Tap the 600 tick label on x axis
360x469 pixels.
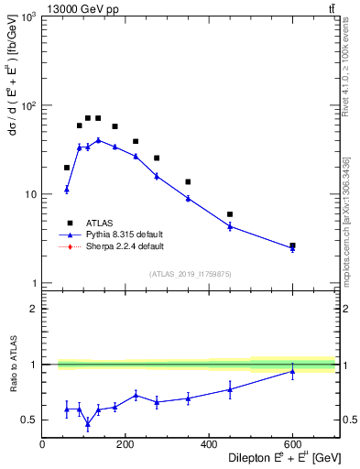coord(292,444)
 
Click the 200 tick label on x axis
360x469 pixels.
coord(125,444)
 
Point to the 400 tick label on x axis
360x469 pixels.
coord(209,444)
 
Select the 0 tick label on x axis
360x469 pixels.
coord(42,444)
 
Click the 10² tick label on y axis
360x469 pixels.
coord(27,106)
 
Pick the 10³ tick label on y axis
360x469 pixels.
coord(27,18)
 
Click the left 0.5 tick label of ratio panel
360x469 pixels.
coord(29,420)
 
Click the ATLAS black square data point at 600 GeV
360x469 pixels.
coord(292,245)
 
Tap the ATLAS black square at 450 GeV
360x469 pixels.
coord(230,214)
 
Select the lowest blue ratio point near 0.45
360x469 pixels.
coord(88,423)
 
